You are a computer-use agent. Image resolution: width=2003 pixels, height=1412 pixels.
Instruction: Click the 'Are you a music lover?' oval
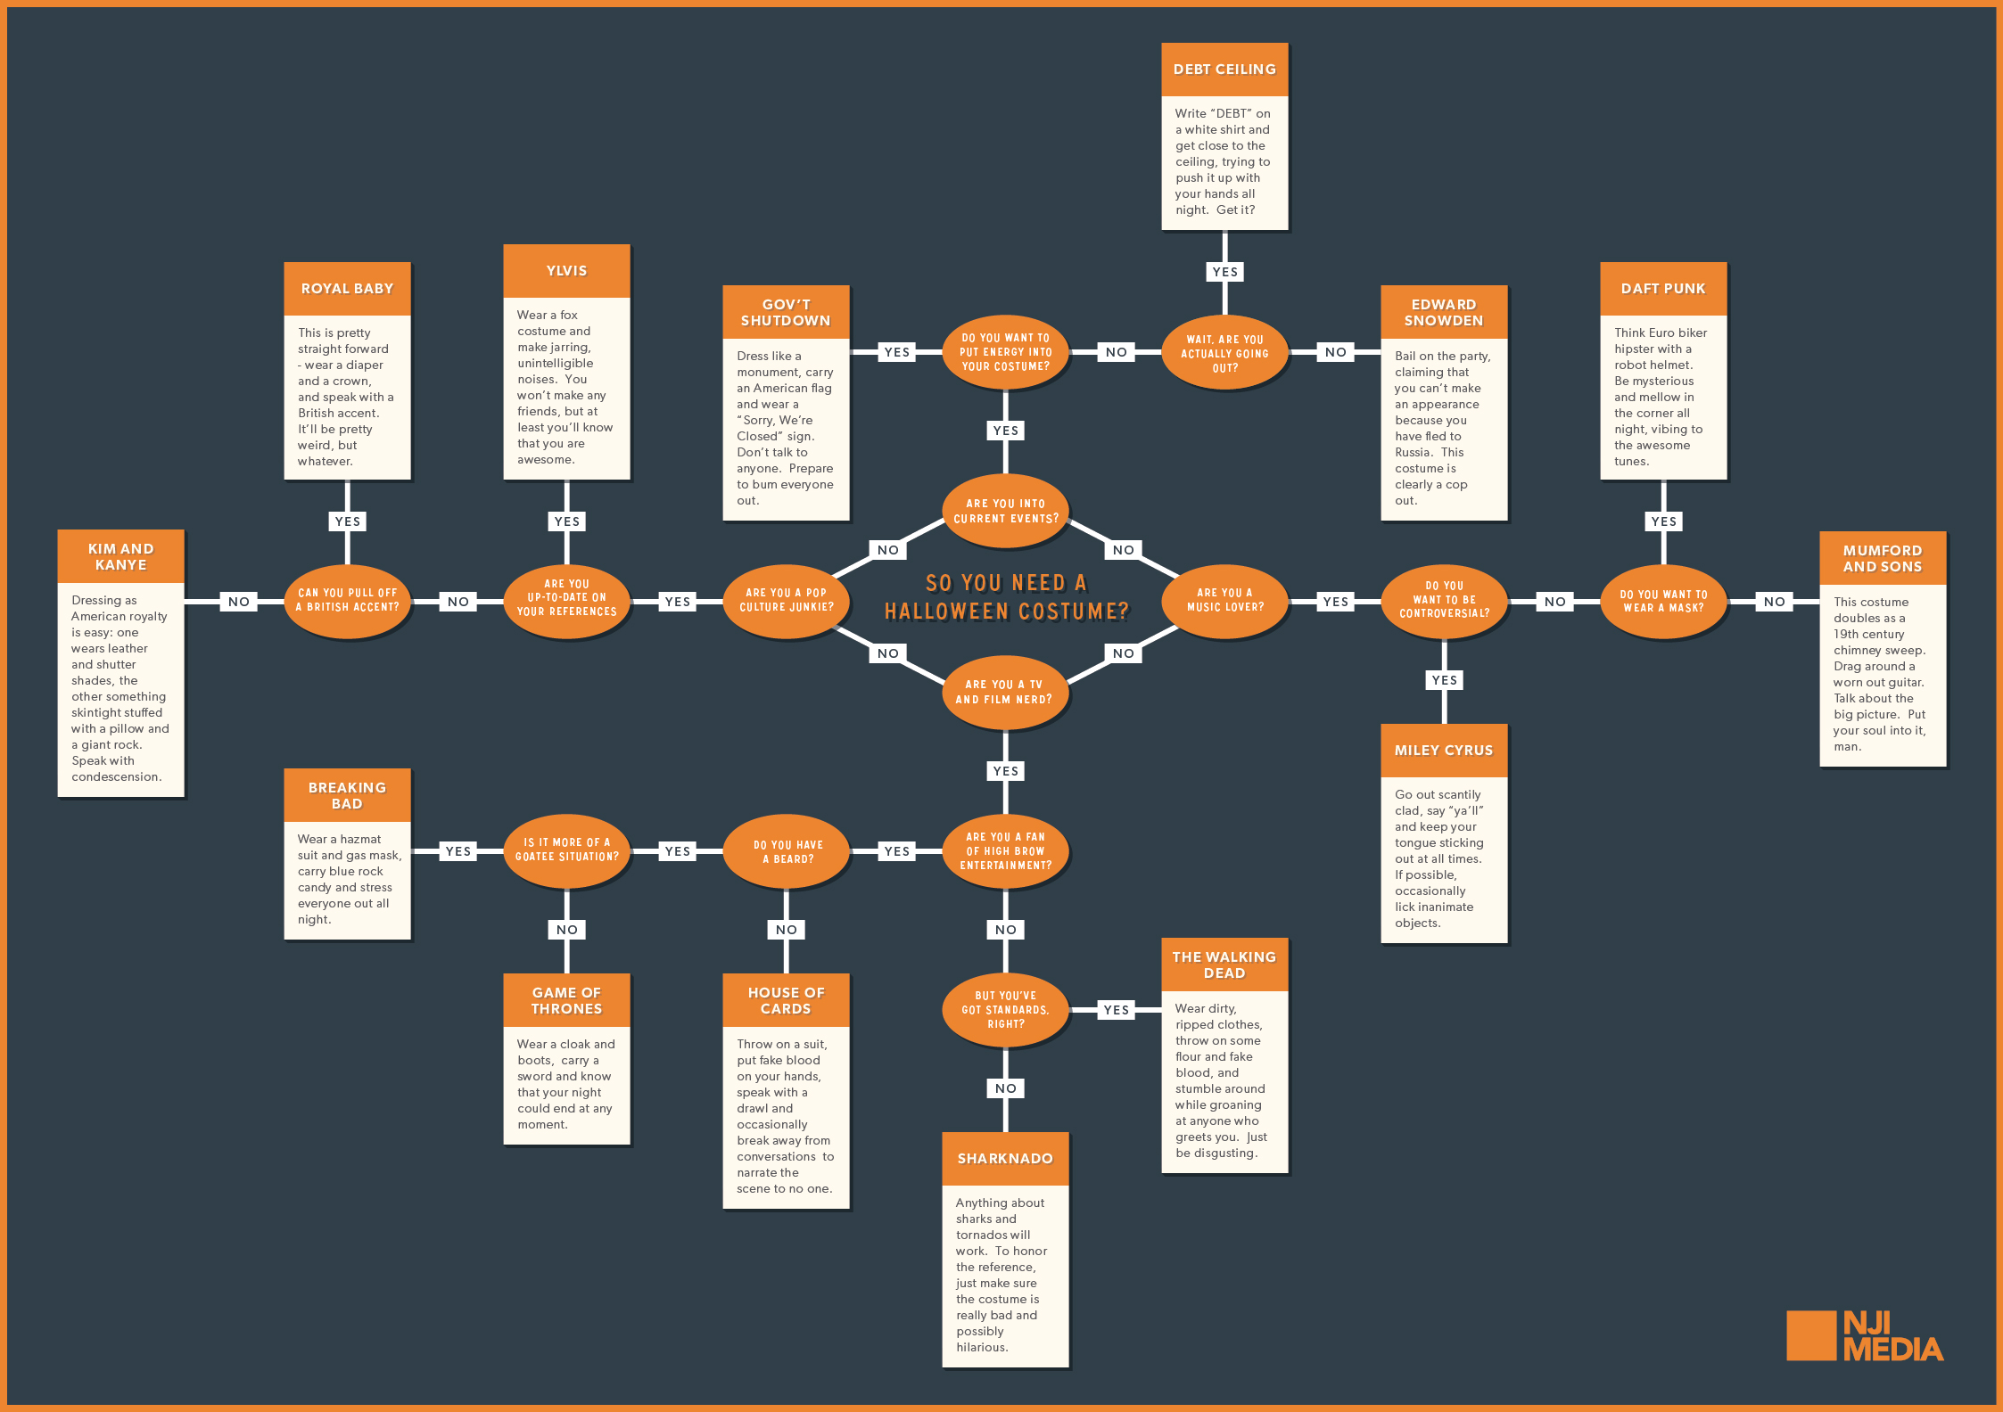1224,600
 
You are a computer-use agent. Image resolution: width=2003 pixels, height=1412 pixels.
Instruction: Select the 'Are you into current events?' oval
1005,511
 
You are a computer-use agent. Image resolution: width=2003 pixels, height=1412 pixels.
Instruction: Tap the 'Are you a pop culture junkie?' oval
786,600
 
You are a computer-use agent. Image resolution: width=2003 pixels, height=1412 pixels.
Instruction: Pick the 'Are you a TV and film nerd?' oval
1005,693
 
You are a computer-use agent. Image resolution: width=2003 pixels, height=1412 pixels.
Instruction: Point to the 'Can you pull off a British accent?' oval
347,600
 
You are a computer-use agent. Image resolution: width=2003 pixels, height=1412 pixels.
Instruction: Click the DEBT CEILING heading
1224,70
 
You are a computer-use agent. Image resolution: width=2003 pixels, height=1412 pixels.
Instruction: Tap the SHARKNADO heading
1005,1159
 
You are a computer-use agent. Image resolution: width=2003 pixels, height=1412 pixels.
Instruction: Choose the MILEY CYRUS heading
1444,751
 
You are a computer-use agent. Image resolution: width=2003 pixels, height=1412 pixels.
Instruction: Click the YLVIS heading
566,271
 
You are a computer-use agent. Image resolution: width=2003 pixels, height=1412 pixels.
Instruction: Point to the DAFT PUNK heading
1663,289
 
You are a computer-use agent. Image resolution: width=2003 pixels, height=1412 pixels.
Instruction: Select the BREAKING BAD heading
347,795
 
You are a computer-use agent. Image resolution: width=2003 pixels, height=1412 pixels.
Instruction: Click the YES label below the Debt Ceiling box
1224,272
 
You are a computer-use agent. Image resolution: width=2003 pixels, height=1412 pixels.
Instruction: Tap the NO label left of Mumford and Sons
1774,602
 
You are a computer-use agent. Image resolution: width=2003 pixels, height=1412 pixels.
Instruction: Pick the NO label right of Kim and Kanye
238,602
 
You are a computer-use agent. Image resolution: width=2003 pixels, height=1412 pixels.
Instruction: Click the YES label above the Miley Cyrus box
1444,680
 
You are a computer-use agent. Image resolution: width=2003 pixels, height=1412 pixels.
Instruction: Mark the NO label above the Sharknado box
1005,1088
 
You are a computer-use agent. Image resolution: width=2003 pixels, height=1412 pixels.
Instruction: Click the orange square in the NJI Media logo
1810,1335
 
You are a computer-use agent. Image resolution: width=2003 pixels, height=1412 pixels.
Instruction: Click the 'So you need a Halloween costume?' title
1006,597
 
